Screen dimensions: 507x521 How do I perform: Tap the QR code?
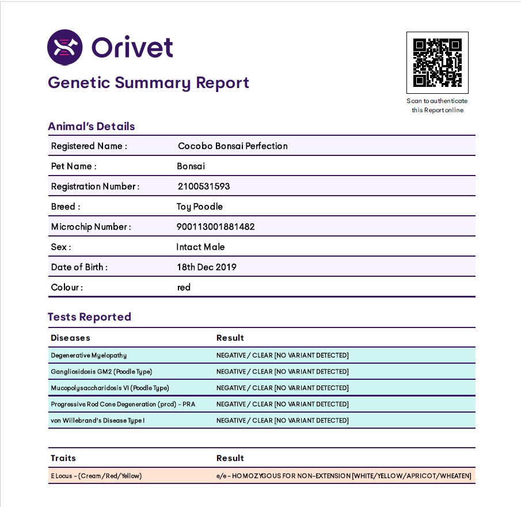(437, 63)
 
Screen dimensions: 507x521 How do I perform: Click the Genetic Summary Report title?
(149, 83)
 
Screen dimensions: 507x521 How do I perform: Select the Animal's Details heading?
(91, 127)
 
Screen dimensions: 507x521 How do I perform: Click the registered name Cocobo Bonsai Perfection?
(233, 146)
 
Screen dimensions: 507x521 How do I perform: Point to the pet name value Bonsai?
(191, 166)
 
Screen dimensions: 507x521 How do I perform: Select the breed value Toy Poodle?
(199, 207)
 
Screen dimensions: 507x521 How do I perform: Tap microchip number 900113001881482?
(215, 227)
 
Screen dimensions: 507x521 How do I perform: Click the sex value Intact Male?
(200, 247)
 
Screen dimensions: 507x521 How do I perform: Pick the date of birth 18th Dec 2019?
(206, 267)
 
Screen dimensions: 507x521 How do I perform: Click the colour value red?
(184, 287)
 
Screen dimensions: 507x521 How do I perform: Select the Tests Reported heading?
(89, 317)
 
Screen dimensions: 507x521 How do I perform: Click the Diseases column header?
(70, 338)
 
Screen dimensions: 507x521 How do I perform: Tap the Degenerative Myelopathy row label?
(89, 355)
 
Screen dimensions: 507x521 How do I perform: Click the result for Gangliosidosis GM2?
(282, 372)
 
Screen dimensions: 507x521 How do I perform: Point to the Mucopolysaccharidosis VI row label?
(110, 388)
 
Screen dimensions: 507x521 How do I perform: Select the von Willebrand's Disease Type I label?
(97, 421)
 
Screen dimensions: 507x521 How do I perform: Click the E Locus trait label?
(96, 476)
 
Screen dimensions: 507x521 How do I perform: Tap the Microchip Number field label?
(91, 227)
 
